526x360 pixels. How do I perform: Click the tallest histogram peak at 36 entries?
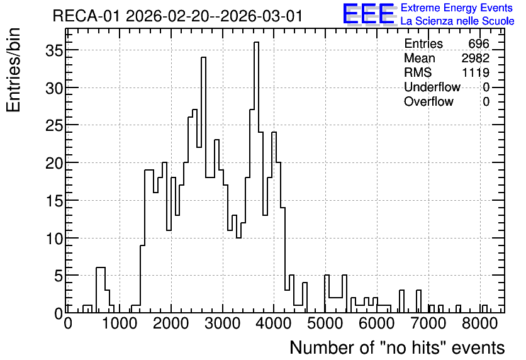(x=256, y=43)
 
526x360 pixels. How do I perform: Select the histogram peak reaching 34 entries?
(x=203, y=58)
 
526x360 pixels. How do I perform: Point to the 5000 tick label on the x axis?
(x=325, y=323)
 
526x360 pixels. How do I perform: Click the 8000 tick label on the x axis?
(x=479, y=323)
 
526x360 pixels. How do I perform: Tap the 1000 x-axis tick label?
(x=120, y=323)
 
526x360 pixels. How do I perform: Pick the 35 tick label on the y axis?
(x=54, y=50)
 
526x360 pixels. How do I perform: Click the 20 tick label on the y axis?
(x=54, y=163)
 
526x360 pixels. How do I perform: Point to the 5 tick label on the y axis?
(x=59, y=276)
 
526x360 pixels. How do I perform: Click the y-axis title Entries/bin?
(x=13, y=70)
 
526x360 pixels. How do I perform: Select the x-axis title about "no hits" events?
(x=397, y=347)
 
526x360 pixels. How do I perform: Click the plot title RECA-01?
(x=86, y=16)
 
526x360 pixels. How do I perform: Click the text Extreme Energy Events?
(x=457, y=8)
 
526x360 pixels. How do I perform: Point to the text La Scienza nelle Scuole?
(x=457, y=21)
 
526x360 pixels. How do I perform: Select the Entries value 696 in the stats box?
(x=479, y=43)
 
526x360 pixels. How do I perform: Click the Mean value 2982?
(x=475, y=58)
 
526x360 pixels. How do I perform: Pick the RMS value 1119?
(x=476, y=72)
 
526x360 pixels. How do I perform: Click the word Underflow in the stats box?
(x=432, y=87)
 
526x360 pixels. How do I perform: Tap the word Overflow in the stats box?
(x=428, y=101)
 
